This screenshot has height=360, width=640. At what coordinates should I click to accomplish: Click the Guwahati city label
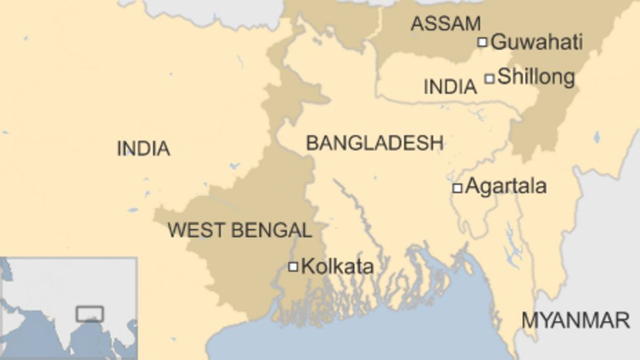click(x=536, y=43)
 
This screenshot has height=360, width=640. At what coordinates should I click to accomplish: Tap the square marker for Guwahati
click(x=482, y=42)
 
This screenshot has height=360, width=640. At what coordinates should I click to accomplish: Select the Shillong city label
click(x=536, y=77)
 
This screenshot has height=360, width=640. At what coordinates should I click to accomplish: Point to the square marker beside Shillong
click(x=489, y=79)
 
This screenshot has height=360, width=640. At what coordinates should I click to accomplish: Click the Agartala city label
click(x=505, y=187)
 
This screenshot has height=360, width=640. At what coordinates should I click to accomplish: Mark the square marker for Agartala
click(x=457, y=188)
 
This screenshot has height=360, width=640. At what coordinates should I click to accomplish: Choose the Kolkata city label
click(x=337, y=267)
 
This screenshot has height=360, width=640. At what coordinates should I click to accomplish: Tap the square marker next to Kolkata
click(x=293, y=266)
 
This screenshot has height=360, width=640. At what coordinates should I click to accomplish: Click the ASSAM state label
click(x=445, y=24)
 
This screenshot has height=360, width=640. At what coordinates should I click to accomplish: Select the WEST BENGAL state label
click(x=239, y=230)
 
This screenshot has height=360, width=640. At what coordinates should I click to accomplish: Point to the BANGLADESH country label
click(x=374, y=143)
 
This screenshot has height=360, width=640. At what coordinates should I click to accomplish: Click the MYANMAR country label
click(x=575, y=320)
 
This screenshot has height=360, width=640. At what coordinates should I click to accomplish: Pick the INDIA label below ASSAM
click(x=450, y=87)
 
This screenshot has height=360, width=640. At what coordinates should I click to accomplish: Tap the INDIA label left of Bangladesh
click(x=143, y=149)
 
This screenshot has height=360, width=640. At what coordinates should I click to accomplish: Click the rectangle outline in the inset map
click(x=89, y=313)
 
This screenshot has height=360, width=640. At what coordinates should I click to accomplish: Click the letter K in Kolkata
click(x=306, y=267)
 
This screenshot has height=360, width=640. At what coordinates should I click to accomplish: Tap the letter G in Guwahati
click(x=498, y=43)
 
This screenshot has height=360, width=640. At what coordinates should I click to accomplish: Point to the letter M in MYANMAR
click(x=530, y=320)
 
